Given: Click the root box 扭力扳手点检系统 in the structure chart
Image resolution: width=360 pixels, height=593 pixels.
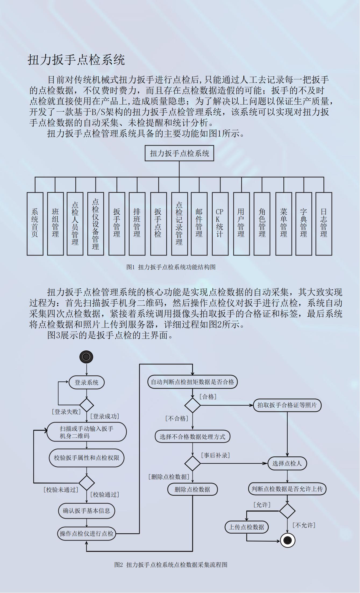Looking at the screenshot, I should (x=179, y=153).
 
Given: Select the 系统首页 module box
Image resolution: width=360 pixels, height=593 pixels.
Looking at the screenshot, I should (x=35, y=223).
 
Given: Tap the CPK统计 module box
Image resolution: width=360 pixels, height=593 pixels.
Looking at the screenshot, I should (x=220, y=223).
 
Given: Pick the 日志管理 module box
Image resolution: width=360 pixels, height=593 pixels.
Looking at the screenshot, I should (x=324, y=223).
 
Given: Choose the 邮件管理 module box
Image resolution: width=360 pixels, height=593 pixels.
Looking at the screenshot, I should (x=199, y=223).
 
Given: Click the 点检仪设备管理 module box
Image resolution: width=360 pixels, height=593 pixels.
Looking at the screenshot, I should (x=95, y=223).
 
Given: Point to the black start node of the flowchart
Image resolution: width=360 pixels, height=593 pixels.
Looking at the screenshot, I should (x=86, y=357).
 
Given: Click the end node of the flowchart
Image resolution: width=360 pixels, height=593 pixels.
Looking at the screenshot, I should (x=288, y=540).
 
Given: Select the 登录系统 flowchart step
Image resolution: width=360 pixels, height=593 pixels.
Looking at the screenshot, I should (x=87, y=382).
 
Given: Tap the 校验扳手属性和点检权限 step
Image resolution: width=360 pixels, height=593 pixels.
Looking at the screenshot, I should (x=87, y=458).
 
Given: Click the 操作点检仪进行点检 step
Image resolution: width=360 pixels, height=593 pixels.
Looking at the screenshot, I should (x=87, y=534).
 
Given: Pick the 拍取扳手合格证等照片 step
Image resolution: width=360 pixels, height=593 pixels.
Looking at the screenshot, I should (x=287, y=405).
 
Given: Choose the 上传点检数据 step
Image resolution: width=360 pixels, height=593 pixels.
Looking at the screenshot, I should (x=247, y=527).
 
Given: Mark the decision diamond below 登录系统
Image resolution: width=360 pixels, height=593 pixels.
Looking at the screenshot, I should (x=87, y=405).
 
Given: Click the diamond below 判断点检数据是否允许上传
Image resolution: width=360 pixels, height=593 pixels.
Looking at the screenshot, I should (x=287, y=511).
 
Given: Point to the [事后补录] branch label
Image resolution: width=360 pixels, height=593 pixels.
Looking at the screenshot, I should (x=215, y=455).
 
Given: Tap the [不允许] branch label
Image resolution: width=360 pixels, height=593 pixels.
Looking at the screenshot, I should (x=304, y=525).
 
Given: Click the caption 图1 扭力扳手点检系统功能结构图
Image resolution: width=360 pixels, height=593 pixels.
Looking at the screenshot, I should (x=171, y=267).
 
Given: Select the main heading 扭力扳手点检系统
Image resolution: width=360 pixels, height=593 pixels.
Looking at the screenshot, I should (x=76, y=60).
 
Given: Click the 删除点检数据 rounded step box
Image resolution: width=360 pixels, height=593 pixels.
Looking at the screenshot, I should (x=193, y=489).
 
